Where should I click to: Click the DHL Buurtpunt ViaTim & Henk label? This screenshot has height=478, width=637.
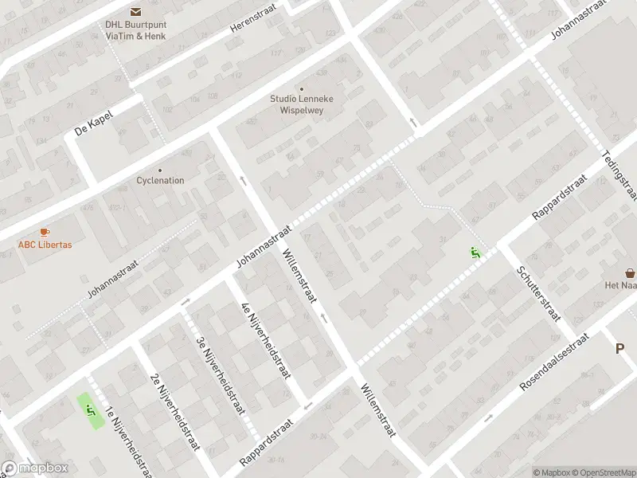(135, 29)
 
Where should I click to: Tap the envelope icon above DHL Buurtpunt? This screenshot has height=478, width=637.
(135, 11)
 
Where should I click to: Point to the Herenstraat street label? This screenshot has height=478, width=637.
(250, 27)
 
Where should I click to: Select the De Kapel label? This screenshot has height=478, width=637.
(94, 123)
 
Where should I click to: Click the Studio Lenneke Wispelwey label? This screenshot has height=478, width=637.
(301, 104)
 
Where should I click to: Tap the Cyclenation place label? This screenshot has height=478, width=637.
(160, 180)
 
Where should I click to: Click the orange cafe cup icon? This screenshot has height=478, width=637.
(45, 232)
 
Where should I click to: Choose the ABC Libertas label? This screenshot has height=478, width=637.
(45, 245)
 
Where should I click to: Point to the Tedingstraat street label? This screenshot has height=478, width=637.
(619, 174)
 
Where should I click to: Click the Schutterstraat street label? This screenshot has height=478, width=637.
(539, 293)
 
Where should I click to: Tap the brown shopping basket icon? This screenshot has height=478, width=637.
(630, 272)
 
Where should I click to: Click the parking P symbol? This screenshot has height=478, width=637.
(620, 348)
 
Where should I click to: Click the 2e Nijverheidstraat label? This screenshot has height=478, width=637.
(173, 410)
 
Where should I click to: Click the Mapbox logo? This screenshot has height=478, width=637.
(34, 468)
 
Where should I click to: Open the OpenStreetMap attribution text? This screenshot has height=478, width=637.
(602, 472)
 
